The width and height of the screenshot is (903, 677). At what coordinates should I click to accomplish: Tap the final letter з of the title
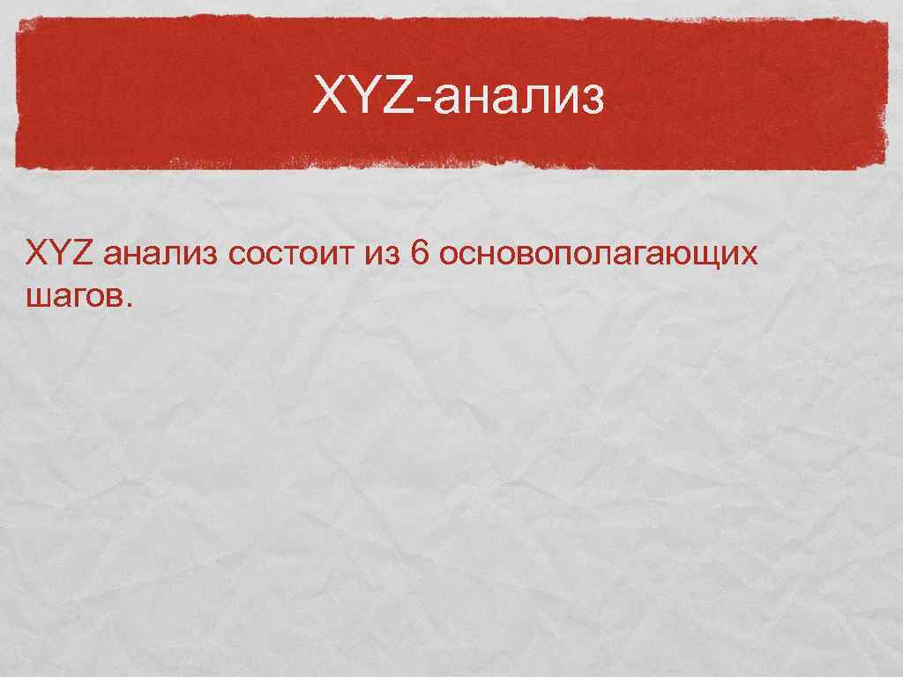[x=595, y=101]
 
